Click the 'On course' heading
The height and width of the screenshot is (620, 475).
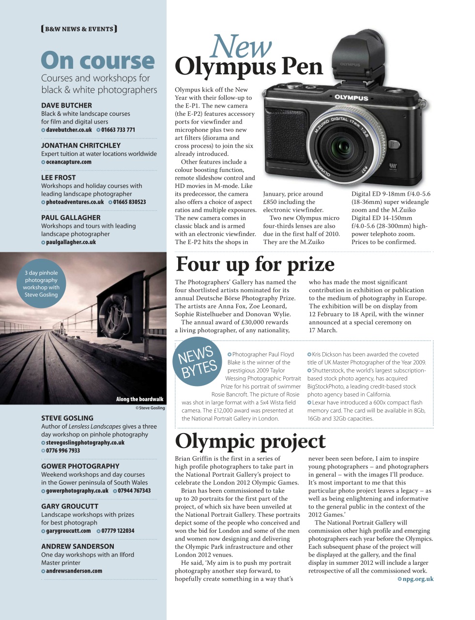[x=97, y=61]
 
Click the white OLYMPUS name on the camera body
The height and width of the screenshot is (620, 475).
[x=351, y=97]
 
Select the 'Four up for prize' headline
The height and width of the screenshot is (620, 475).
[x=255, y=264]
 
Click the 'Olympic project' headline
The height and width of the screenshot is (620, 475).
[x=250, y=441]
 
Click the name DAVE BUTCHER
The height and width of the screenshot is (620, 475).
[x=66, y=105]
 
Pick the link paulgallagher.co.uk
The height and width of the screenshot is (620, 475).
[x=71, y=242]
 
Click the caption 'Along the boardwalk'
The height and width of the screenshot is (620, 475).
[x=139, y=399]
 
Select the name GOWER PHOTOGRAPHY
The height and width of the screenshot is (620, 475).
[x=80, y=466]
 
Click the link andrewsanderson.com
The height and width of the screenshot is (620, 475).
[x=74, y=571]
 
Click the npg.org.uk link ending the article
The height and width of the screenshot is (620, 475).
[x=418, y=579]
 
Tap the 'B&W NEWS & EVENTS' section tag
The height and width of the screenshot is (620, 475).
[x=79, y=29]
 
